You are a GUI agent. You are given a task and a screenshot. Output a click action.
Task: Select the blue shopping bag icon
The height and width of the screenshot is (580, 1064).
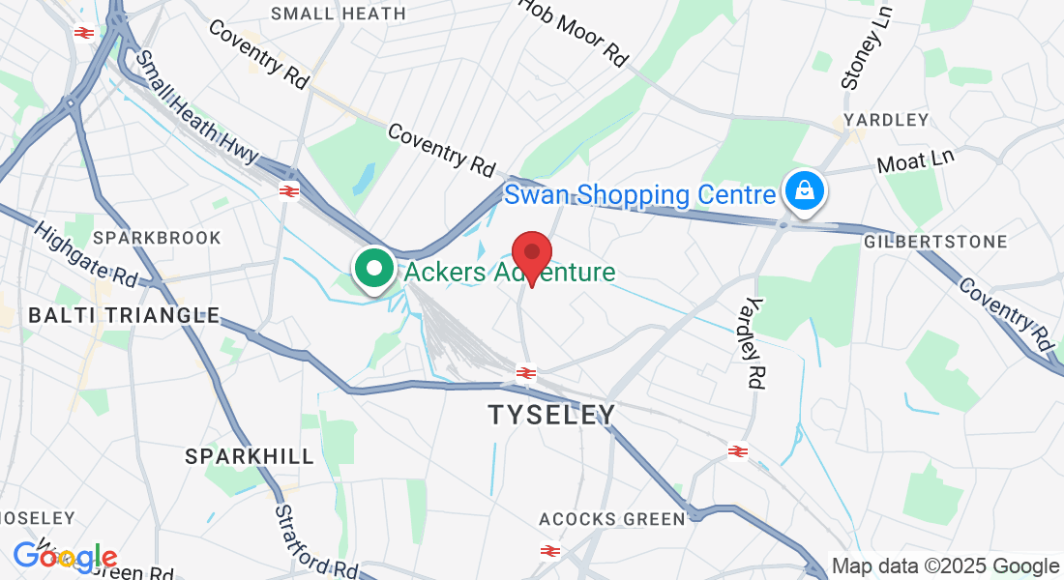(x=804, y=192)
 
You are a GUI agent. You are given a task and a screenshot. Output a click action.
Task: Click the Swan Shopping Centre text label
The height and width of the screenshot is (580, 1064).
(x=639, y=195)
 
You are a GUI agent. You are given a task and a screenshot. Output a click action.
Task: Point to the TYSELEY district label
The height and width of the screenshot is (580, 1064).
(x=551, y=415)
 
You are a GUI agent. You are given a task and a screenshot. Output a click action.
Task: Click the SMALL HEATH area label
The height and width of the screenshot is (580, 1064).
(x=339, y=14)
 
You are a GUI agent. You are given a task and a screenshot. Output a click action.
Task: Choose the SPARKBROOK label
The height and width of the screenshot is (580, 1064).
(x=157, y=238)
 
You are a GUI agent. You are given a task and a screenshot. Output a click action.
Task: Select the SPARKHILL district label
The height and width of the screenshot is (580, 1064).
(x=250, y=456)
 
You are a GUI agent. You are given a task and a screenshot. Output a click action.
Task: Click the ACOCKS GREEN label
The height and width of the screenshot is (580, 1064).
(x=612, y=519)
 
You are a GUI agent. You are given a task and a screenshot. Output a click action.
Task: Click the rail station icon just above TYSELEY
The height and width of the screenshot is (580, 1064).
(x=526, y=373)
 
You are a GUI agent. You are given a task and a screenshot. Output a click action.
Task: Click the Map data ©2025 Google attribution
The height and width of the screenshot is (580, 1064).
(x=946, y=566)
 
